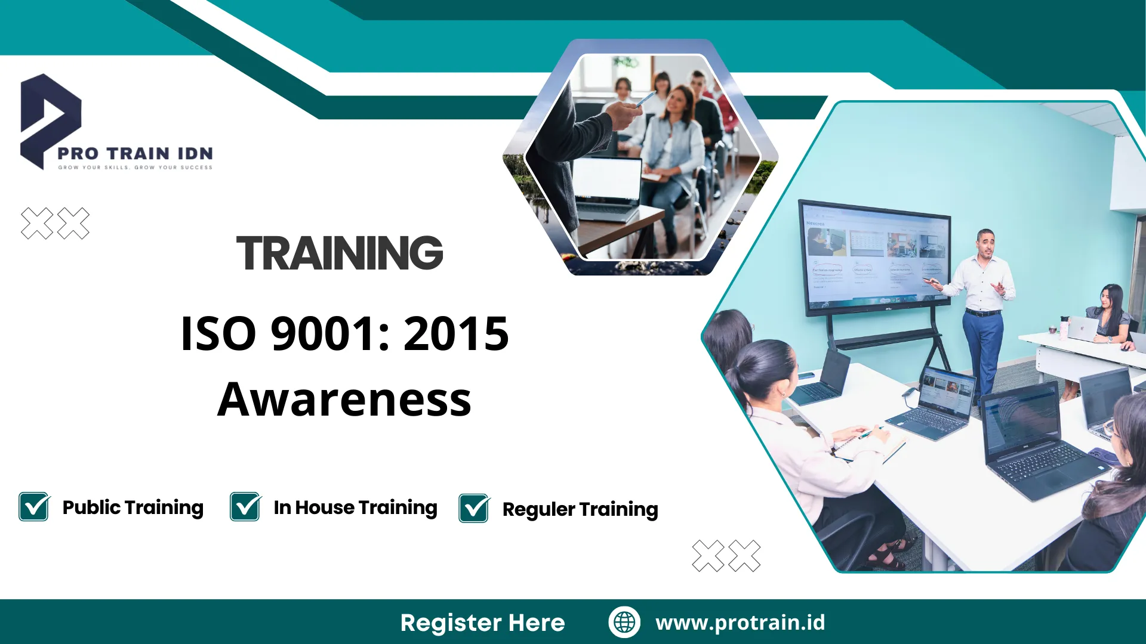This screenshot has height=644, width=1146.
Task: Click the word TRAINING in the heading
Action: (x=340, y=253)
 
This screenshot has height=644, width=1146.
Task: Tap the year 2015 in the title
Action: (x=456, y=334)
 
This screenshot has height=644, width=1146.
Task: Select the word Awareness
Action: (x=344, y=400)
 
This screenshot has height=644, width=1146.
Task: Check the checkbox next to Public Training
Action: (x=34, y=507)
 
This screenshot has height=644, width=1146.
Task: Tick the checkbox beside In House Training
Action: (x=245, y=507)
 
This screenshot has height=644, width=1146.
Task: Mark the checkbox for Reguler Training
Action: (x=474, y=509)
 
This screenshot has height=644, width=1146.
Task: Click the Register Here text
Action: (x=482, y=623)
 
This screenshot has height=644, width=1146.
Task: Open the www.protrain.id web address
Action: (x=740, y=623)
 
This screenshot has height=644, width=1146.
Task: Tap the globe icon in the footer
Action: (x=624, y=622)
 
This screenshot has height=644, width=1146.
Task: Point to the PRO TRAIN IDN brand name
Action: (x=135, y=154)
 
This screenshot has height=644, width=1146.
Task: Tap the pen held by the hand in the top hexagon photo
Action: (x=646, y=99)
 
